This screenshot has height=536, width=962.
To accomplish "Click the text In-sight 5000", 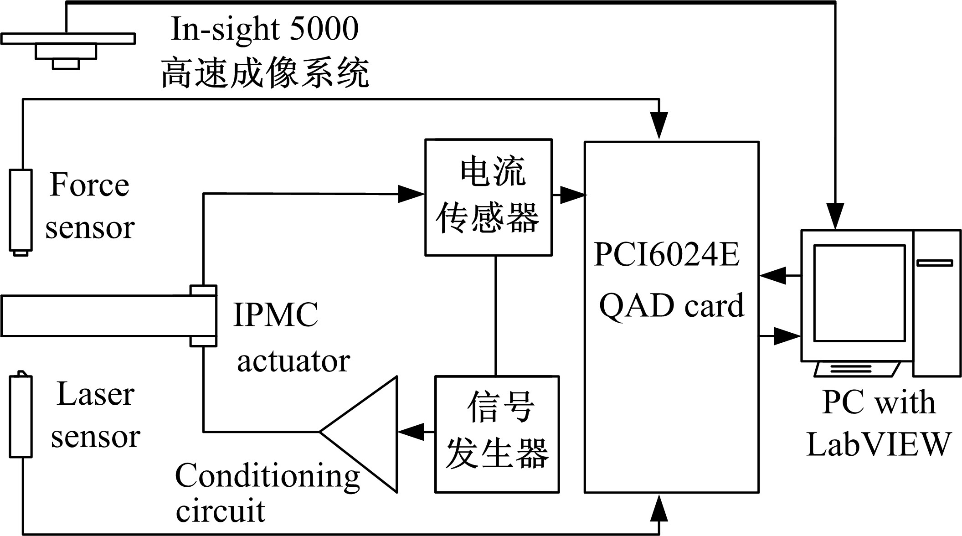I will pyautogui.click(x=265, y=29).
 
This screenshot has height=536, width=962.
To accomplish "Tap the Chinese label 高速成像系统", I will pyautogui.click(x=265, y=73).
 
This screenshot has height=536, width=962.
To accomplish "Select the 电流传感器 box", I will pyautogui.click(x=488, y=197).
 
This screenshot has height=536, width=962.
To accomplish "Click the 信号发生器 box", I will pyautogui.click(x=497, y=433).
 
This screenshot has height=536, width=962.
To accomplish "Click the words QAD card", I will pyautogui.click(x=671, y=305).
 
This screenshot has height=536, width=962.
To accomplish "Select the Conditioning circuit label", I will pyautogui.click(x=267, y=492).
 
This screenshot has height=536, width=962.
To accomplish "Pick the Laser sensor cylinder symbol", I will pyautogui.click(x=21, y=415).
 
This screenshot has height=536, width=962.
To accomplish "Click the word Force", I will pyautogui.click(x=89, y=185).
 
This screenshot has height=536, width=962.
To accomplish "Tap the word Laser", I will pyautogui.click(x=95, y=394).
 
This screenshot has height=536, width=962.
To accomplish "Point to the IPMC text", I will pyautogui.click(x=275, y=315).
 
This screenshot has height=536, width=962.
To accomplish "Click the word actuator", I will pyautogui.click(x=293, y=361).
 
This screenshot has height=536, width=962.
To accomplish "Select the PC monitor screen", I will pyautogui.click(x=859, y=293).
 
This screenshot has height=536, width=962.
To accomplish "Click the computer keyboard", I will pyautogui.click(x=857, y=369).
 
